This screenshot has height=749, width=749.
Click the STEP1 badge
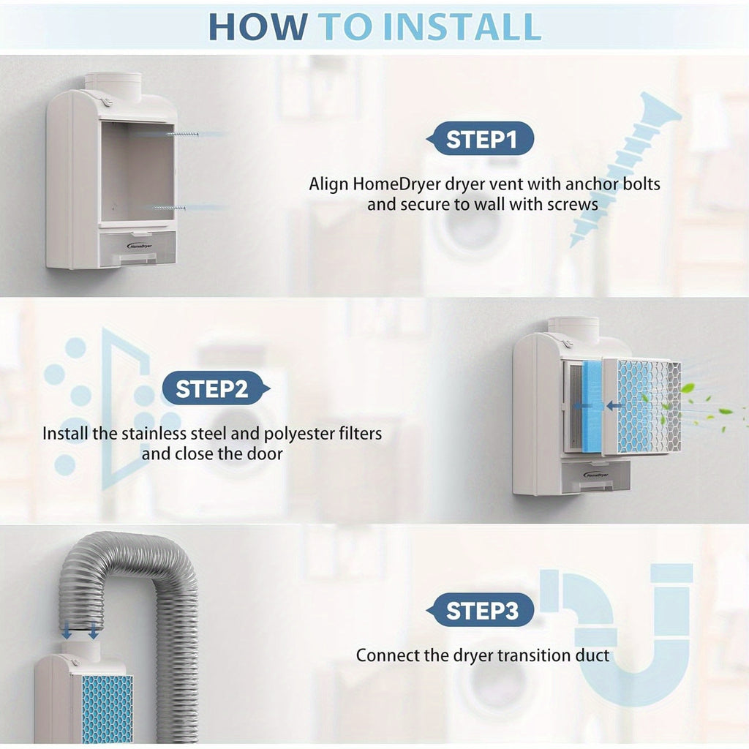tap(480, 138)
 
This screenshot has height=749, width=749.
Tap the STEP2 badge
tap(216, 388)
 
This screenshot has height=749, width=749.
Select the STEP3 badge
tap(480, 610)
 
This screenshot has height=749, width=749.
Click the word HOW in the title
tap(258, 27)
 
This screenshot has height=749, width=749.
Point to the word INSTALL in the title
tap(462, 27)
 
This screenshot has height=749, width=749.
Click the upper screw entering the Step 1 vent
tap(182, 135)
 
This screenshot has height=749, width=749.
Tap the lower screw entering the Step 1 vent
tap(169, 208)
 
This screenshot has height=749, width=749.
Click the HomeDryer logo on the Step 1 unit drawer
tap(140, 246)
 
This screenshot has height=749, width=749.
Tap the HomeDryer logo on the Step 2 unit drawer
tap(595, 475)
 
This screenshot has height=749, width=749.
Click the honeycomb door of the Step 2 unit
tap(642, 406)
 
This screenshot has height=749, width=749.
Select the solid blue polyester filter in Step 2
tap(594, 405)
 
